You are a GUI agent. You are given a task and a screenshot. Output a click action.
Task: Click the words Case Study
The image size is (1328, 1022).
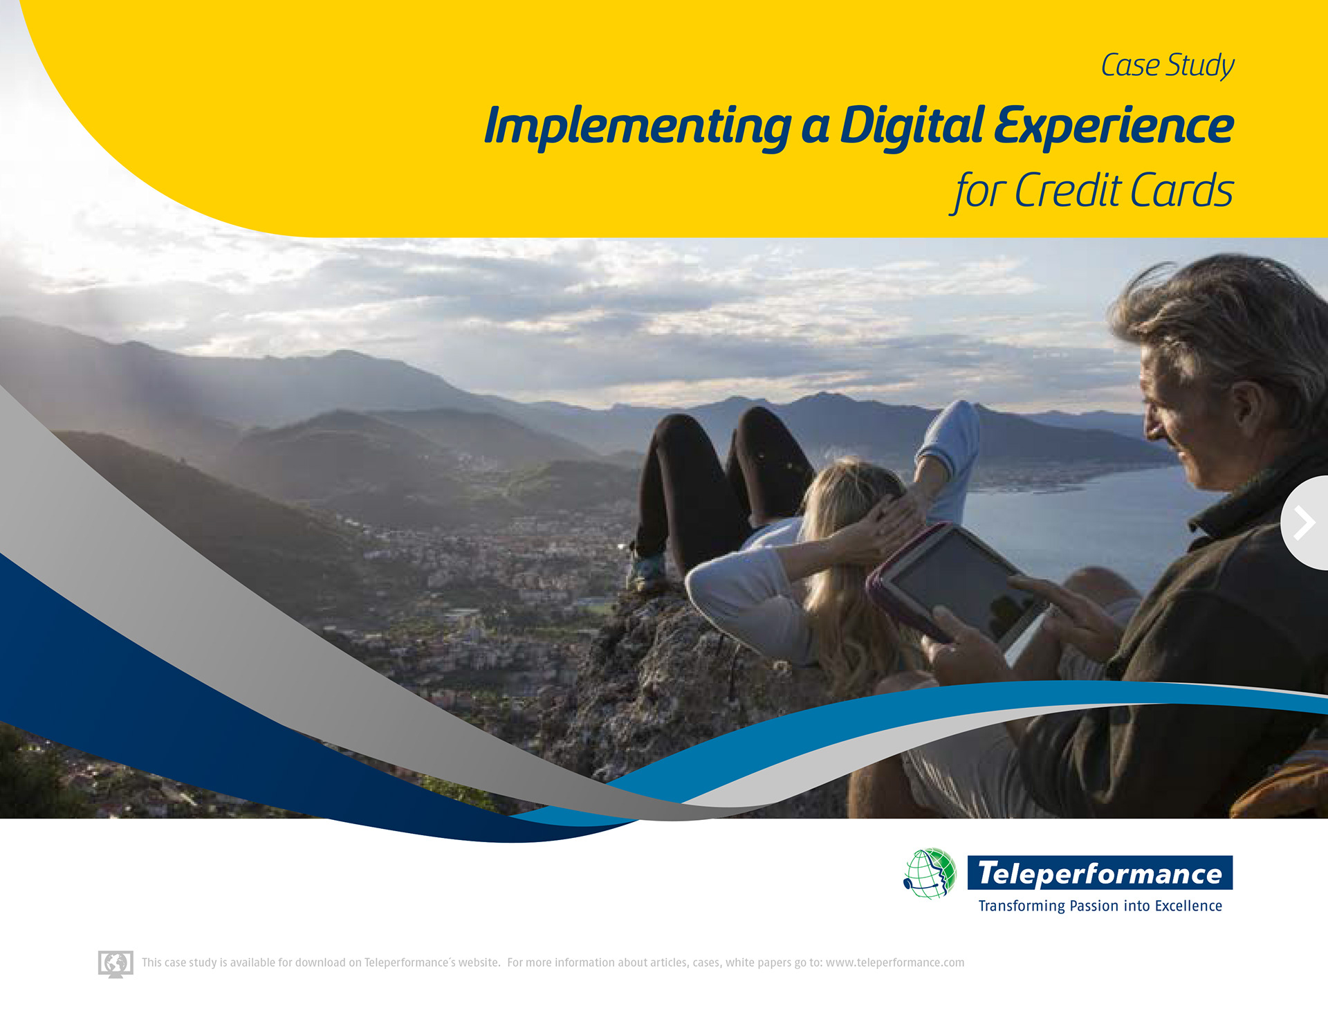pyautogui.click(x=1168, y=66)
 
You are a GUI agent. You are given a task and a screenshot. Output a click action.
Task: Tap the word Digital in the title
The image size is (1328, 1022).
pyautogui.click(x=912, y=127)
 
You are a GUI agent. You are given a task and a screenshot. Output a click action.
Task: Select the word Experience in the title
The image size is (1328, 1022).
pyautogui.click(x=1114, y=127)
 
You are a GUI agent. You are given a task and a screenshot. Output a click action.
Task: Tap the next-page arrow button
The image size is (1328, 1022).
pyautogui.click(x=1304, y=523)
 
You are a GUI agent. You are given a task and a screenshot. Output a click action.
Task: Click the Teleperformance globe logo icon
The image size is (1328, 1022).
pyautogui.click(x=930, y=873)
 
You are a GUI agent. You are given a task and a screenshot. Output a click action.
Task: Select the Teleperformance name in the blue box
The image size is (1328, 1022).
pyautogui.click(x=1100, y=873)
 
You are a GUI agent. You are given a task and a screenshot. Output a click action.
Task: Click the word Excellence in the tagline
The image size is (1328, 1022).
pyautogui.click(x=1188, y=906)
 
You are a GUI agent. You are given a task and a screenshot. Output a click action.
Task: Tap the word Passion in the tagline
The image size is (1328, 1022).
pyautogui.click(x=1094, y=906)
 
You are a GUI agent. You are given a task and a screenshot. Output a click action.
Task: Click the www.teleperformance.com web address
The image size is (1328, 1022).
pyautogui.click(x=895, y=962)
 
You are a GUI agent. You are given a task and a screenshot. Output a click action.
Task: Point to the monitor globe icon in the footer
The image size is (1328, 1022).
pyautogui.click(x=116, y=963)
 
